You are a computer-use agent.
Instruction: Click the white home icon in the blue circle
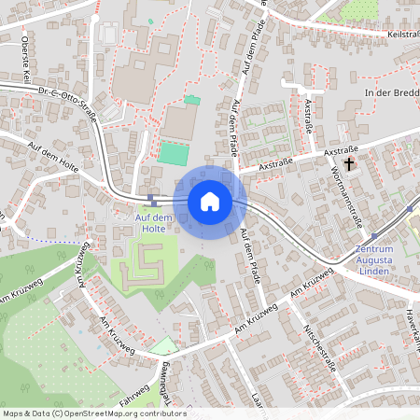tap(209, 202)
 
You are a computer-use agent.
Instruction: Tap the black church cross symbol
tap(350, 164)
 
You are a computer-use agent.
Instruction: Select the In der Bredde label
tap(392, 93)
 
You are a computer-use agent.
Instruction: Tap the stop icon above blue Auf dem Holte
tap(151, 198)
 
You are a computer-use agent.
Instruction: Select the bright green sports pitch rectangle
tap(172, 152)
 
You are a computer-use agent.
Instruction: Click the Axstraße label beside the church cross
tap(341, 150)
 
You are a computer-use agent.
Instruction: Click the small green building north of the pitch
tap(192, 99)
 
